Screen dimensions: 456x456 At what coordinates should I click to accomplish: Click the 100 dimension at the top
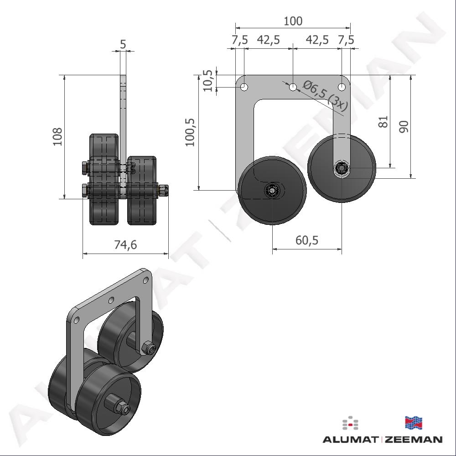(x=293, y=21)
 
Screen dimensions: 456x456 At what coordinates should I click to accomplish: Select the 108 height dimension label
(x=57, y=137)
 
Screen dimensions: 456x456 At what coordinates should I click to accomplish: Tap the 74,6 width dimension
(x=125, y=245)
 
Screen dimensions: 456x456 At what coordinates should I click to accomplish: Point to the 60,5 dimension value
(x=307, y=240)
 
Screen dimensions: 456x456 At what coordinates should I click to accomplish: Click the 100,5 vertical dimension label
(x=190, y=132)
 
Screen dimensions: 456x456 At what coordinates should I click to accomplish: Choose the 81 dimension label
(x=383, y=122)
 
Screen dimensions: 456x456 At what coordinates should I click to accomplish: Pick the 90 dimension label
(x=404, y=127)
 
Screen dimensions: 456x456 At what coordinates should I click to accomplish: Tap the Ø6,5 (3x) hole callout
(x=325, y=96)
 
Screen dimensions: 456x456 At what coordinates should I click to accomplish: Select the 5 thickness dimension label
(x=123, y=44)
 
